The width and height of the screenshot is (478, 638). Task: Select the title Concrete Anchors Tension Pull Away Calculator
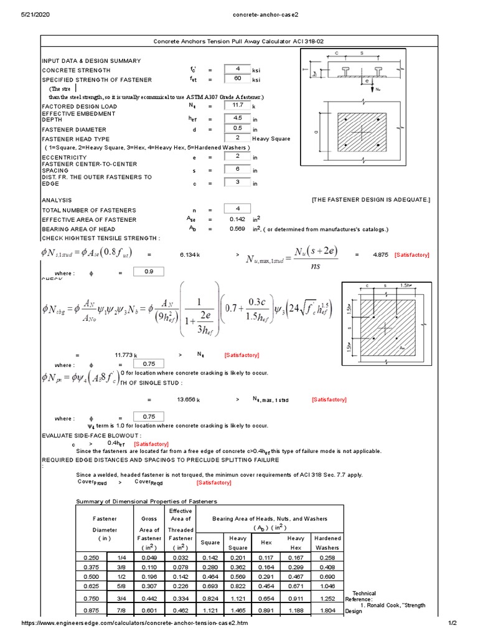(239, 41)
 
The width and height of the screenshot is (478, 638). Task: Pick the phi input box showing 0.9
(144, 272)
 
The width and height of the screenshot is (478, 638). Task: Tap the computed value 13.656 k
(189, 399)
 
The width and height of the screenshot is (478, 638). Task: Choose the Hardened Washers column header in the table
(327, 542)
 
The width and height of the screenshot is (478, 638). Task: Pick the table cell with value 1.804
(327, 609)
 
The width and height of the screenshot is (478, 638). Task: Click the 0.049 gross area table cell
(149, 556)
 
